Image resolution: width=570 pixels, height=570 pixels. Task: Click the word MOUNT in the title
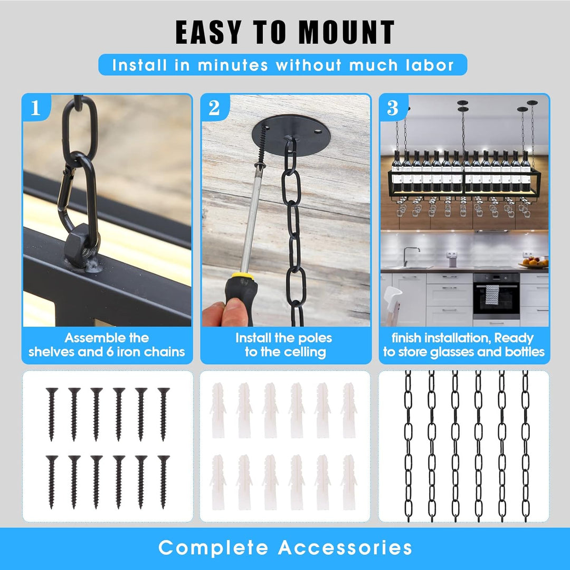tap(346, 32)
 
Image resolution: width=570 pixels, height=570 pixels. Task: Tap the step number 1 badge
tap(35, 108)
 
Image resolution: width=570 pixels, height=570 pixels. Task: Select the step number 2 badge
tap(214, 108)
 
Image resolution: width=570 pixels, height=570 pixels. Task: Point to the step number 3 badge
tap(393, 108)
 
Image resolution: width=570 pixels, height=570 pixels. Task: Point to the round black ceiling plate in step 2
tap(291, 135)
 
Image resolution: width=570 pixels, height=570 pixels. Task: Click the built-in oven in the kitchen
tap(496, 296)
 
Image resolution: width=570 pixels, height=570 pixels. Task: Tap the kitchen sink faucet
tap(410, 256)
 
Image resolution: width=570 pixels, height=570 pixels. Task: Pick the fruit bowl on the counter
tap(534, 263)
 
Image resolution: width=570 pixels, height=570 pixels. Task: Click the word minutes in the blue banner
tap(233, 65)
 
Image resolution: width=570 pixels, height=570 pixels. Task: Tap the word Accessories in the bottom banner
tap(345, 547)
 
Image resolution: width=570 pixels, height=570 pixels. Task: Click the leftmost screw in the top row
tap(52, 414)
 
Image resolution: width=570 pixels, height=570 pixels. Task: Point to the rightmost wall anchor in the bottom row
tap(349, 482)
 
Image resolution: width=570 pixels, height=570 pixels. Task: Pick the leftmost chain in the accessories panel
tap(408, 446)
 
